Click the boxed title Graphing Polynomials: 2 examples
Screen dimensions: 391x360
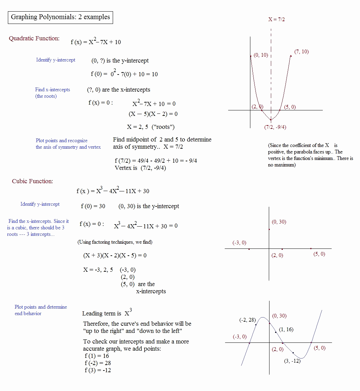click(x=60, y=17)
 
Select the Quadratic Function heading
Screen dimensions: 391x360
click(x=34, y=38)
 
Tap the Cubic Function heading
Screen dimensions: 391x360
click(x=32, y=181)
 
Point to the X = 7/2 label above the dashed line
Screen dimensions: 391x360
click(x=276, y=19)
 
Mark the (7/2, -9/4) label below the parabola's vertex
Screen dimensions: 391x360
click(x=275, y=127)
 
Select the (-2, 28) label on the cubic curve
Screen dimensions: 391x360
click(x=247, y=320)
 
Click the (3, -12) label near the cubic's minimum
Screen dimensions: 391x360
click(x=292, y=361)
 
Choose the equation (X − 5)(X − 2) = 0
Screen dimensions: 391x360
click(x=153, y=114)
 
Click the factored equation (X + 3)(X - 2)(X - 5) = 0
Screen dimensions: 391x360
click(x=115, y=255)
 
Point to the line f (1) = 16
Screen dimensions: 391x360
click(x=97, y=356)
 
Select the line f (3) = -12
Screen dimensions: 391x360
click(x=98, y=370)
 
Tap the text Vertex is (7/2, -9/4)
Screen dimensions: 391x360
click(x=140, y=168)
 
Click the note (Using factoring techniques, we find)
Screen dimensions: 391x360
click(x=115, y=242)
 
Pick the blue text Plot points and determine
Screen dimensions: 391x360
click(x=41, y=307)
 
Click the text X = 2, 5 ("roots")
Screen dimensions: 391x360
click(x=151, y=127)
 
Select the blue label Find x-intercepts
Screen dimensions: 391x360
click(x=52, y=90)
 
